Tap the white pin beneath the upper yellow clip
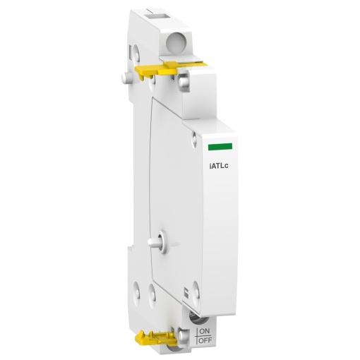pyautogui.click(x=183, y=83)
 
